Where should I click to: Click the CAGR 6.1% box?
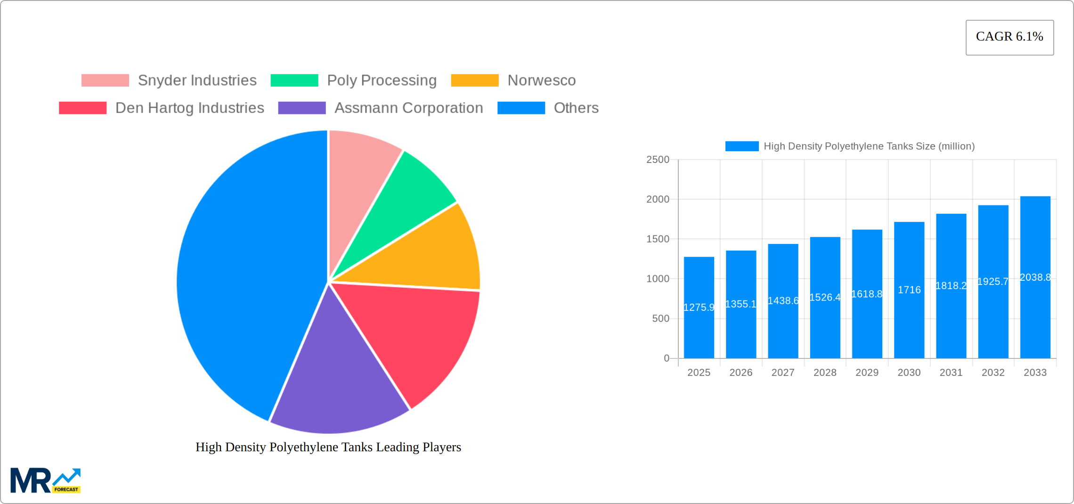[1009, 37]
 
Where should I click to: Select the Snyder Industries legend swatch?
[105, 81]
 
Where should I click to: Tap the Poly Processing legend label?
[382, 81]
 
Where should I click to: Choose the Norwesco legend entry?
[541, 81]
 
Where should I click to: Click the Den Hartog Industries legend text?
[189, 108]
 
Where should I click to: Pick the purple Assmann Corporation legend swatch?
[301, 108]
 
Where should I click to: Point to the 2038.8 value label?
[1035, 277]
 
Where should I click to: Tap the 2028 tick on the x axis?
[825, 373]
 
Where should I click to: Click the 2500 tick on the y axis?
[658, 160]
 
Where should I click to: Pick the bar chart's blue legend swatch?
[742, 146]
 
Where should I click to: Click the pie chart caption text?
[328, 447]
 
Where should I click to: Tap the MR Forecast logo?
[45, 480]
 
